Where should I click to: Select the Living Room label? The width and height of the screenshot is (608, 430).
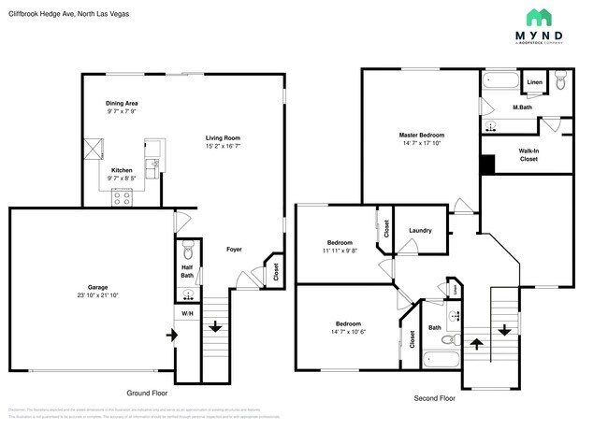(x=224, y=138)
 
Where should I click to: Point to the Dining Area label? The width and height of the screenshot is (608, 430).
(x=123, y=104)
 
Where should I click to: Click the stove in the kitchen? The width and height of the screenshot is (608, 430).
(x=123, y=196)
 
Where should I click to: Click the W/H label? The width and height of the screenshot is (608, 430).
(x=186, y=313)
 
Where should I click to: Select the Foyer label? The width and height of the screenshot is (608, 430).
(x=236, y=249)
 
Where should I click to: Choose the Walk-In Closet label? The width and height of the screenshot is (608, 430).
(x=528, y=155)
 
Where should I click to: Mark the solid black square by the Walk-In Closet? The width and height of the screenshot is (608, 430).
(x=486, y=165)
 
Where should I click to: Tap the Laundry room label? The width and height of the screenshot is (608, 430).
(x=420, y=229)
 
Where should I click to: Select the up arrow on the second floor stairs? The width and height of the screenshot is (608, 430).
(x=476, y=343)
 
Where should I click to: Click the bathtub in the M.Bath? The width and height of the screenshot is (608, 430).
(x=500, y=82)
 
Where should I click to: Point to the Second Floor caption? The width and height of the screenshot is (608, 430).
(x=434, y=398)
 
